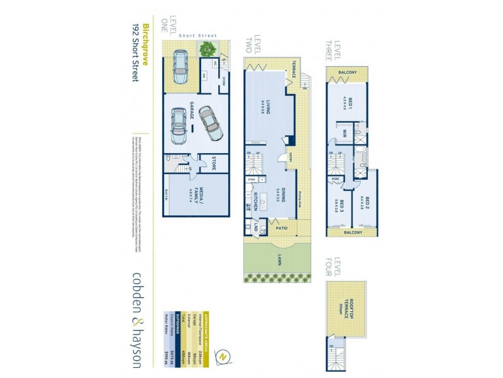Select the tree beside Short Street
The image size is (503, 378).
tap(205, 49)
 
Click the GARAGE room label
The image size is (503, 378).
tap(192, 117)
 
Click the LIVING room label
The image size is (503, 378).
tap(268, 106)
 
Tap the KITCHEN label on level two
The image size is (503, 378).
tap(257, 200)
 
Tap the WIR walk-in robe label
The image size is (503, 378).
tap(346, 133)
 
